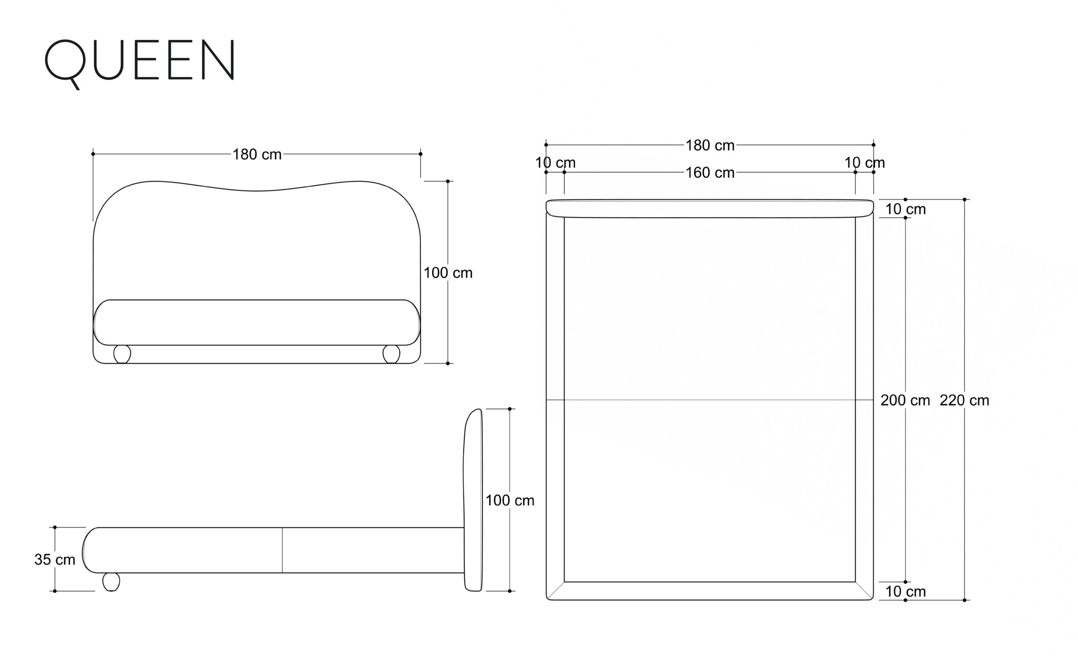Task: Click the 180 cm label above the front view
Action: (x=257, y=154)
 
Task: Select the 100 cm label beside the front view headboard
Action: (x=448, y=273)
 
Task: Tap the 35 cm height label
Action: (x=55, y=559)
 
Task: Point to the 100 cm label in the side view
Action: (x=510, y=501)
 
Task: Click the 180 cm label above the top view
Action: (x=710, y=145)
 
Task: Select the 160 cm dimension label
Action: (x=710, y=173)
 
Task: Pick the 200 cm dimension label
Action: (x=905, y=400)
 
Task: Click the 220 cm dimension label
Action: (x=964, y=400)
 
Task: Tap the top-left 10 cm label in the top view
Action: (x=555, y=163)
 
